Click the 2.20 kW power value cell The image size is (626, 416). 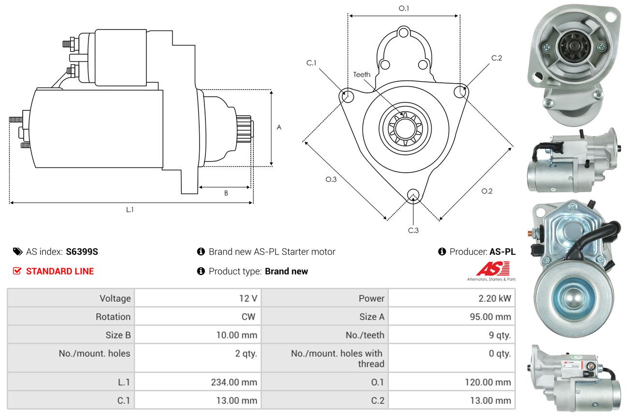point(495,298)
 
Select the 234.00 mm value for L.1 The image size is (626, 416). point(234,382)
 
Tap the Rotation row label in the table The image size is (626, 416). point(113,317)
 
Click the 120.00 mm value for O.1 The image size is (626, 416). point(488,382)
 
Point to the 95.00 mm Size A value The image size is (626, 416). point(490,317)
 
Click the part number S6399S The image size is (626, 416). point(82,252)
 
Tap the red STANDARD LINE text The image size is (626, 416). point(60,271)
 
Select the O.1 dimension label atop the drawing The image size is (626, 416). point(404,8)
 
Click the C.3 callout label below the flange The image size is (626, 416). point(413,230)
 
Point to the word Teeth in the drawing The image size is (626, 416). point(362,74)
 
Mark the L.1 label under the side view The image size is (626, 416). point(130,209)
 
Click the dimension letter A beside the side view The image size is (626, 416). point(279,128)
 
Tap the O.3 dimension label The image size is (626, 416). point(331,179)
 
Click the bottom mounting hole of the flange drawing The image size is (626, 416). point(413,195)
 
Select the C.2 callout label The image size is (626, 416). point(496,58)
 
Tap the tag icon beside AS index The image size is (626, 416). point(17,252)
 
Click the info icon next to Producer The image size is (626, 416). point(442,252)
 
